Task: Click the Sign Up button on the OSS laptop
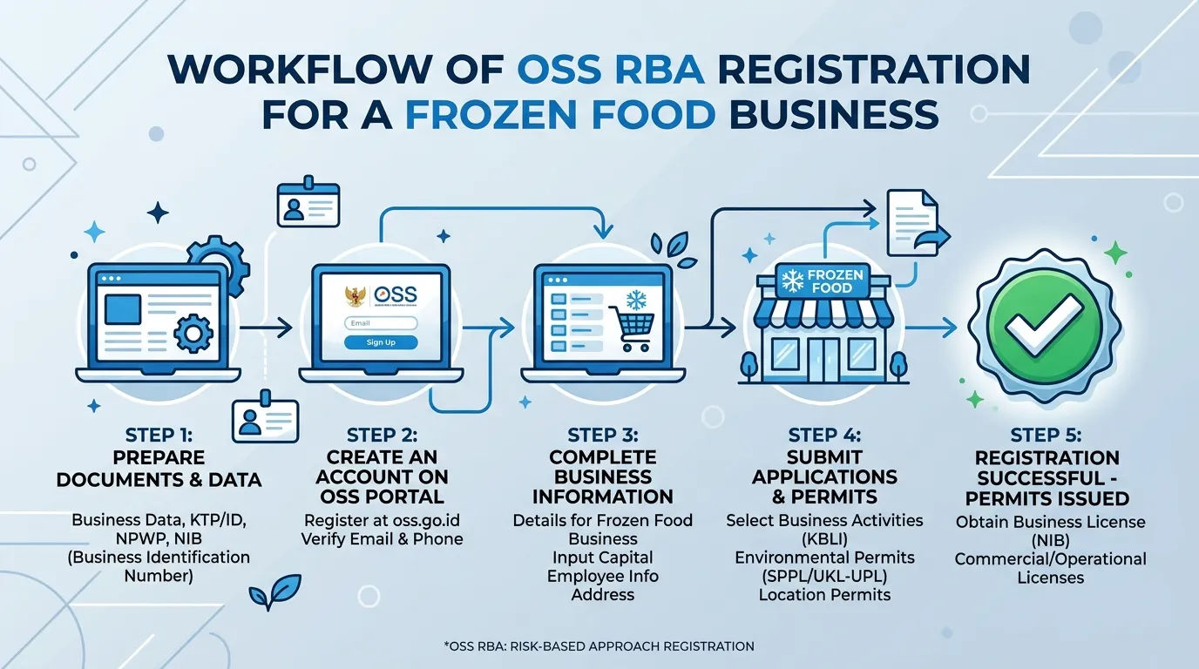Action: pos(381,342)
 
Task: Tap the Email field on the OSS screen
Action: pos(381,323)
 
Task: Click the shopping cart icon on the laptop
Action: pos(632,328)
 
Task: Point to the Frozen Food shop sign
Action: pos(824,281)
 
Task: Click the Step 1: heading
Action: pos(159,436)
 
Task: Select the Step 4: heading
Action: pos(824,436)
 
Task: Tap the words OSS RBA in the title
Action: pos(611,69)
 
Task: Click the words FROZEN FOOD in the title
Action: pos(561,113)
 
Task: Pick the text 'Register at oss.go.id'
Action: pos(382,520)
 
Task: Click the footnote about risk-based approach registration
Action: pos(599,646)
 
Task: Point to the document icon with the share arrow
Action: pos(918,223)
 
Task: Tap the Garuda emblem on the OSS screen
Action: pos(356,297)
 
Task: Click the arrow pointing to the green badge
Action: pos(931,328)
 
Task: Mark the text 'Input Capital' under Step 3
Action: pos(603,557)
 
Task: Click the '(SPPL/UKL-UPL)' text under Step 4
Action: pos(824,577)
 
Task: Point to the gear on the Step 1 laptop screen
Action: pos(193,334)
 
